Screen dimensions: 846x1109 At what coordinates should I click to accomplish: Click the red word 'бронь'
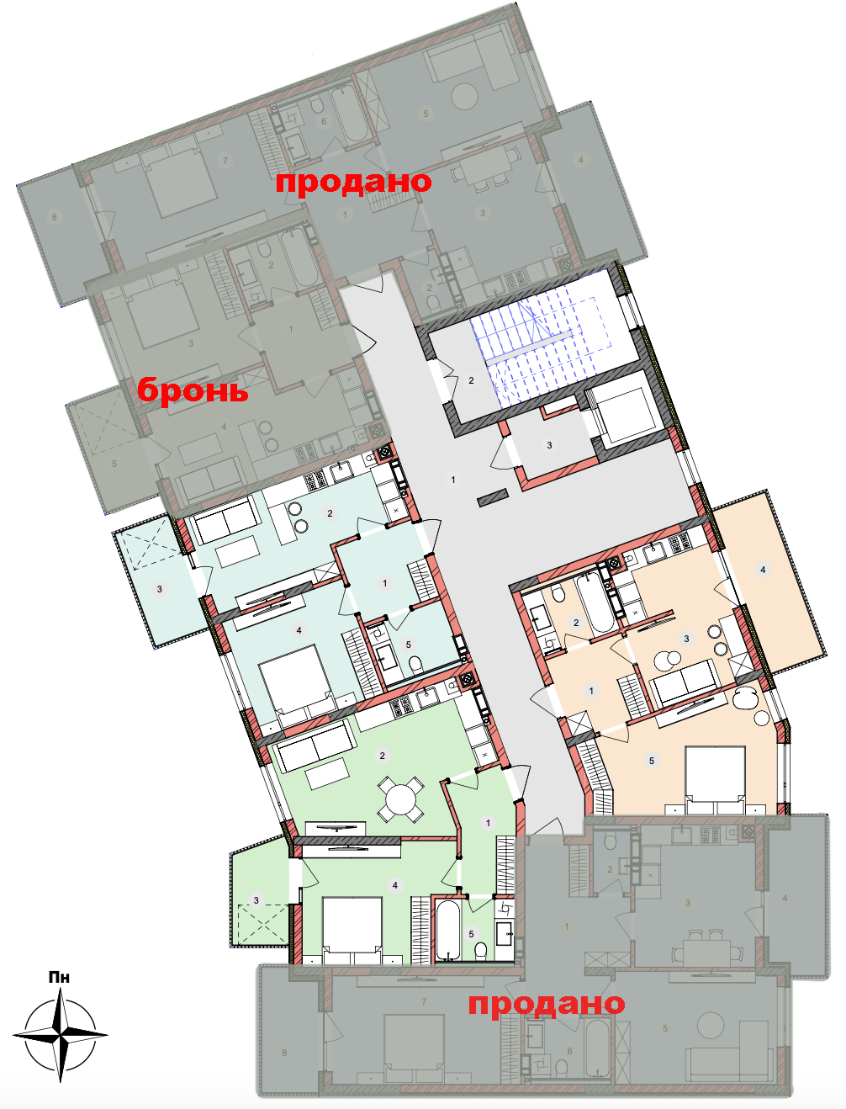click(x=193, y=390)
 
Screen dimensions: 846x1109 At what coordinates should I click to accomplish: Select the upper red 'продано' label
click(x=353, y=182)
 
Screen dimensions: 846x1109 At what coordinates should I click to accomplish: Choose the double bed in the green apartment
click(x=352, y=930)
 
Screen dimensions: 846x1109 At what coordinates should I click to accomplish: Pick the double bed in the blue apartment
click(x=298, y=683)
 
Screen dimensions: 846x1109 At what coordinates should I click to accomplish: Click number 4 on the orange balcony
click(x=763, y=570)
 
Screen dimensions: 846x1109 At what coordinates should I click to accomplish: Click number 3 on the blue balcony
click(x=160, y=589)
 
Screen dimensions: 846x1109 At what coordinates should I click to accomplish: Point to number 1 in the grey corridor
click(x=452, y=480)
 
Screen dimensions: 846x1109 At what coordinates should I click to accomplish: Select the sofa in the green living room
click(x=315, y=746)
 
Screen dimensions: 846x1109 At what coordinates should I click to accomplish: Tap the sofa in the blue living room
click(x=227, y=519)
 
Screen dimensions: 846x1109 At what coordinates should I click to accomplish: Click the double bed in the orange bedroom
click(x=716, y=781)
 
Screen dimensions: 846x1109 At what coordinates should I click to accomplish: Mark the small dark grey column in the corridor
click(x=493, y=497)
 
